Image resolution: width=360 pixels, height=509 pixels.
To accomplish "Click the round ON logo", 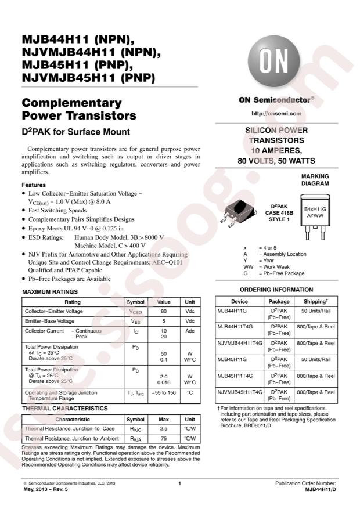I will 272,60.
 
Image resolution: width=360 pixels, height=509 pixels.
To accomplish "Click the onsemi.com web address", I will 276,113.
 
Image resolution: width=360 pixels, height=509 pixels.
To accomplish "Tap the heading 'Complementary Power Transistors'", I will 78,109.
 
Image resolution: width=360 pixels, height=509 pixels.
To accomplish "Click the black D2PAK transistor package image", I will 239,214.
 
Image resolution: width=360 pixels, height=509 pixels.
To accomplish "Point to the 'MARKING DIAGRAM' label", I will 315,179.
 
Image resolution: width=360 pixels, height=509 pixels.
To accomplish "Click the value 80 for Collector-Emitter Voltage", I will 163,311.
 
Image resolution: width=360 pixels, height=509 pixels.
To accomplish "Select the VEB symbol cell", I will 135,321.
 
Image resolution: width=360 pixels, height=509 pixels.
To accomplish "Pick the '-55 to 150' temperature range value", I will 163,393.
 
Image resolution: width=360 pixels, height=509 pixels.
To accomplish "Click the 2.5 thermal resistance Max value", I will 163,429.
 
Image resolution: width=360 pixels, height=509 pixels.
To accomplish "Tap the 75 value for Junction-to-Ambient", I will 163,439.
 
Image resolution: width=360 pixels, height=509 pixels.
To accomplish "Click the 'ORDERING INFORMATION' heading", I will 276,290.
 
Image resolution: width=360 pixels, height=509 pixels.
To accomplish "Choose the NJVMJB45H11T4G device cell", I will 240,395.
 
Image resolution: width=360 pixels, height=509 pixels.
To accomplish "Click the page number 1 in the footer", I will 180,484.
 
